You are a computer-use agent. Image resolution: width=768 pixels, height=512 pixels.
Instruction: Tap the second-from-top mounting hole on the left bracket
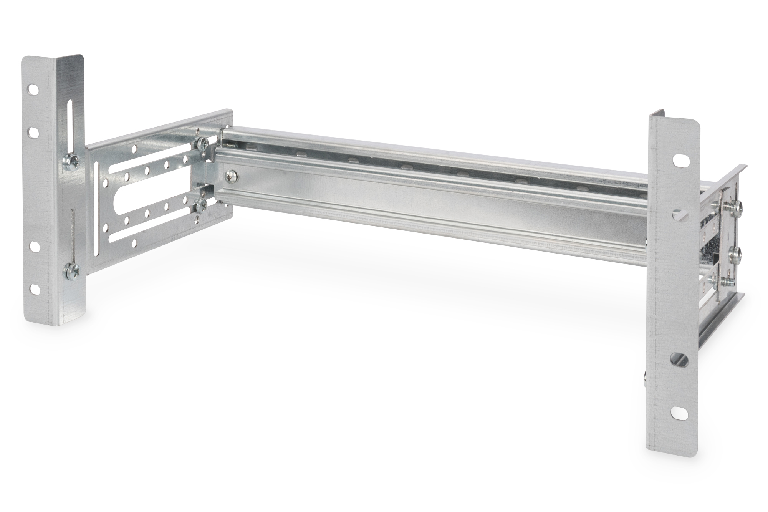click(33, 133)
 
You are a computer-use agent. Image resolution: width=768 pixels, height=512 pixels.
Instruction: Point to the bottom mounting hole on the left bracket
click(34, 288)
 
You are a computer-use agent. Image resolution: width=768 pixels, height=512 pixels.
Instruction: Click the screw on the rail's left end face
click(232, 176)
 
